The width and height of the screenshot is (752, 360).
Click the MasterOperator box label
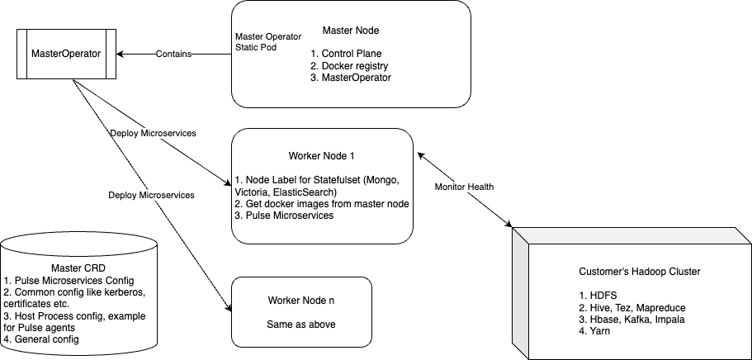pos(66,54)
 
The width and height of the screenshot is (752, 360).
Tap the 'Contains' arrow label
pos(173,54)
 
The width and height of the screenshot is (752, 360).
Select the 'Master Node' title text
pos(351,31)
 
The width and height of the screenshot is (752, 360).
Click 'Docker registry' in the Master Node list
pos(349,66)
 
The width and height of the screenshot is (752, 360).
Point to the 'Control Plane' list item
pos(346,54)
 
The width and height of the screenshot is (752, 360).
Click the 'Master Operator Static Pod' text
pos(268,42)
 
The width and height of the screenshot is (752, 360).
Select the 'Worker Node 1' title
pos(322,156)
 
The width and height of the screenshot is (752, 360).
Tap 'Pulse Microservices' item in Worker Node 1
pos(285,216)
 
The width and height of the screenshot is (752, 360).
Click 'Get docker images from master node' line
pos(322,204)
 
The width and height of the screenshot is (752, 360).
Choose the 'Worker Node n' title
pos(301,301)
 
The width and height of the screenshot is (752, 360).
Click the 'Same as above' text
pos(301,324)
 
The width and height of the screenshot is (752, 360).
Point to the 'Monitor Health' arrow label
pos(464,187)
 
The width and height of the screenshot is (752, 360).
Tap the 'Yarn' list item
pos(594,331)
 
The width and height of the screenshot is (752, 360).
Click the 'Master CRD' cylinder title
pos(78,268)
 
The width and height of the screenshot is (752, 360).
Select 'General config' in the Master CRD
pos(40,339)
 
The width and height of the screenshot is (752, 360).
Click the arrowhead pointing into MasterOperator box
pos(120,54)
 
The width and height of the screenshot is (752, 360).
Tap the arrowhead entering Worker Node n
pos(229,308)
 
